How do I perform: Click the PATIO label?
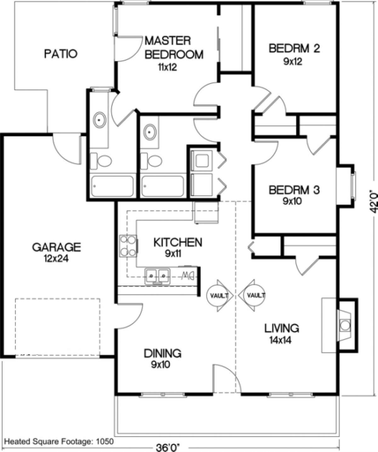pyautogui.click(x=60, y=54)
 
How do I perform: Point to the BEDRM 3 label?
pyautogui.click(x=294, y=190)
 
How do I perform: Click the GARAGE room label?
pyautogui.click(x=57, y=247)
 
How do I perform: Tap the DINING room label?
pyautogui.click(x=163, y=353)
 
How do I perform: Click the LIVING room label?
pyautogui.click(x=281, y=328)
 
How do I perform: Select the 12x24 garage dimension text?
pyautogui.click(x=57, y=259)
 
